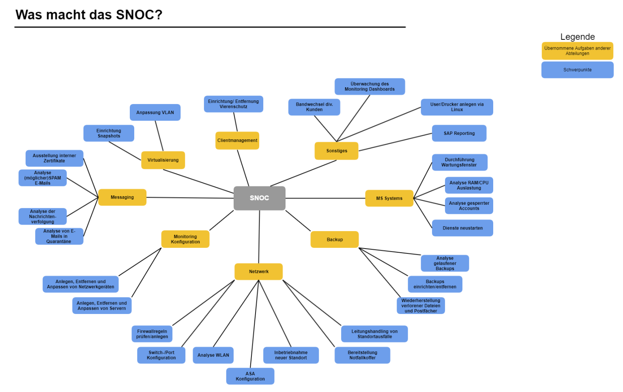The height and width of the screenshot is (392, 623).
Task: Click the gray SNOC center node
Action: click(259, 198)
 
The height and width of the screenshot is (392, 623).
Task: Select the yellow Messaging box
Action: click(122, 197)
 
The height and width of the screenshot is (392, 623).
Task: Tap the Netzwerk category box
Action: click(258, 272)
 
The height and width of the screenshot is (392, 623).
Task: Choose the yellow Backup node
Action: click(335, 240)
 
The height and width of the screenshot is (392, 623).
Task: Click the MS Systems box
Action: click(389, 199)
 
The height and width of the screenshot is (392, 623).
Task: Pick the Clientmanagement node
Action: click(237, 141)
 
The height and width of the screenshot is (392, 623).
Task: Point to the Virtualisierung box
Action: click(163, 160)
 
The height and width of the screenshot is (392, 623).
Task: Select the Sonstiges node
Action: click(337, 151)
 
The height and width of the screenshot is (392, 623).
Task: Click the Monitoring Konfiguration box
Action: click(185, 239)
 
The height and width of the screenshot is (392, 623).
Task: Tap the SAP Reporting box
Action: click(459, 133)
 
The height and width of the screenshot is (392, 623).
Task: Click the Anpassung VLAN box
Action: click(155, 113)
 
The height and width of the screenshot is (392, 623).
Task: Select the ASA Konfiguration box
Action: click(250, 376)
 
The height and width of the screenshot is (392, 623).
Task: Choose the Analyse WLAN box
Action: click(213, 355)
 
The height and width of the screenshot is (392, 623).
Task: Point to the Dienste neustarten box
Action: click(462, 228)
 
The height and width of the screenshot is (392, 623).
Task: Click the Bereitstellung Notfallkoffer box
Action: click(362, 355)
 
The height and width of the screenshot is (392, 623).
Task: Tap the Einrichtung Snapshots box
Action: click(109, 133)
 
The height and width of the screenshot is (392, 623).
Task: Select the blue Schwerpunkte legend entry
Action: click(577, 70)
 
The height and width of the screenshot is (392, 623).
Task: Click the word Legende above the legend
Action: click(577, 37)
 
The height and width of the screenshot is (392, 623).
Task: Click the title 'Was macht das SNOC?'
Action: click(89, 15)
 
